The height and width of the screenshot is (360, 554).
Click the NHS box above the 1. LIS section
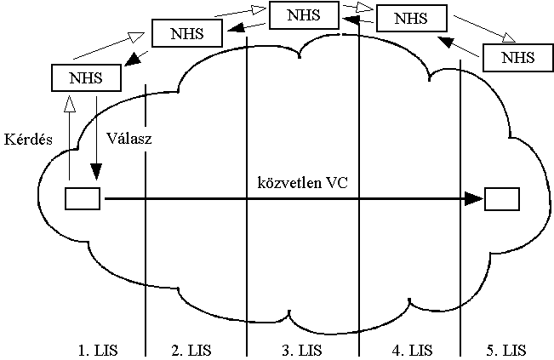(86, 77)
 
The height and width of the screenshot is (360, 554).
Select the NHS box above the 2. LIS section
(186, 32)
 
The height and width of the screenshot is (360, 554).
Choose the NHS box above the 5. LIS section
(518, 57)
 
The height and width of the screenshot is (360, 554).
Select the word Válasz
(129, 138)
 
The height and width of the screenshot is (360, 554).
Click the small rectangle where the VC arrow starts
(83, 199)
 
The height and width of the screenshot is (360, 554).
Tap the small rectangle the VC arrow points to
(502, 199)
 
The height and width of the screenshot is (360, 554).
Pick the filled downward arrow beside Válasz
(97, 136)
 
